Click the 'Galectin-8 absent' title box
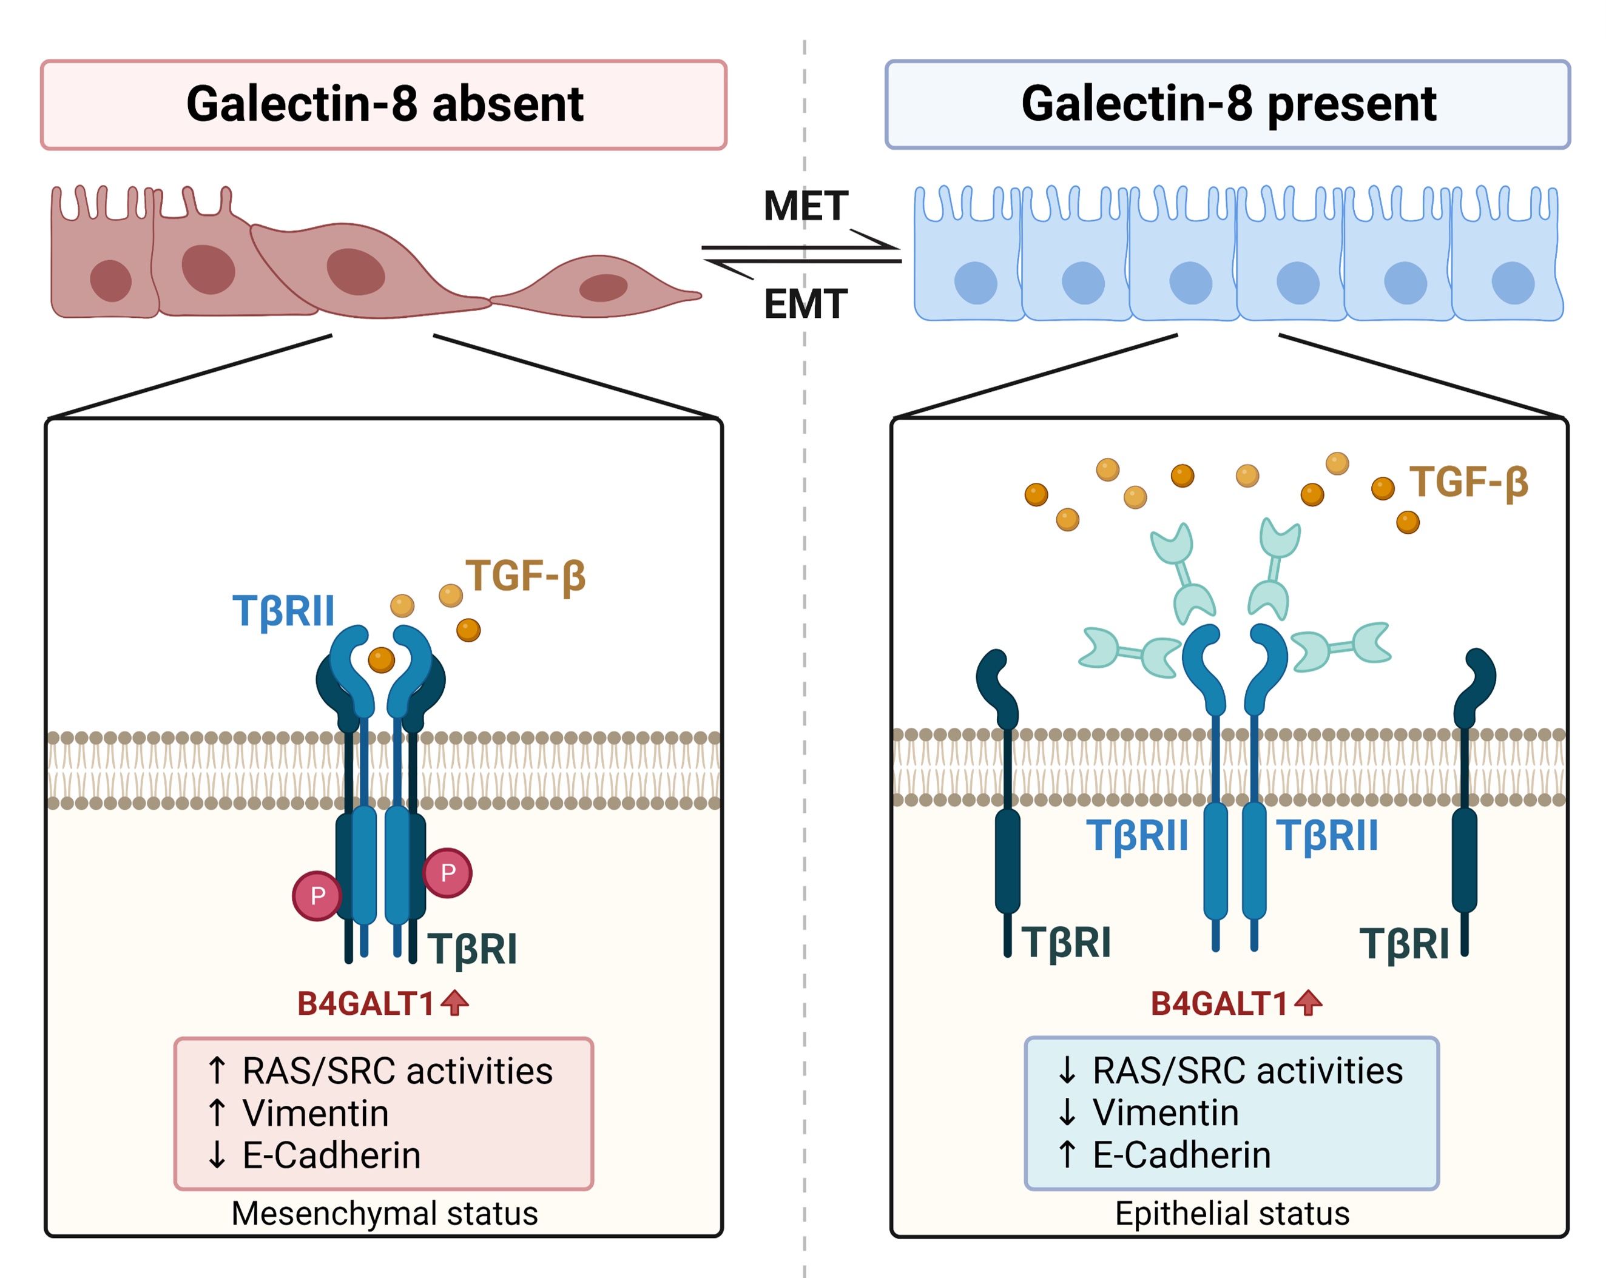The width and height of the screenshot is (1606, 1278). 383,104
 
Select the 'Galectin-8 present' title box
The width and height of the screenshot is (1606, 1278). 1227,104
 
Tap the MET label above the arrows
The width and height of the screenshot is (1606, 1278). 805,206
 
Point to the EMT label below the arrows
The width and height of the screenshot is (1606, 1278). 805,304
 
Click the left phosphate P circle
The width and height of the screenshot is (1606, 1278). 317,895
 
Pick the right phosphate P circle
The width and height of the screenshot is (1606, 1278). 448,872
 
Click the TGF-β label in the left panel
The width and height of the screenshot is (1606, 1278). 526,576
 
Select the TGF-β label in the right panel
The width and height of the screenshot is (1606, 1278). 1468,482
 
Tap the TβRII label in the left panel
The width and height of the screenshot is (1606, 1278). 284,611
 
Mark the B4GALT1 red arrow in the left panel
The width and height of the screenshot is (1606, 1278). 454,1003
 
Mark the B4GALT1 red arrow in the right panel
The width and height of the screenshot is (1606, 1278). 1308,1003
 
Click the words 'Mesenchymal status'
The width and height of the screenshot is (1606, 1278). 385,1213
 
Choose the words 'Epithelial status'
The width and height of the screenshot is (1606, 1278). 1232,1213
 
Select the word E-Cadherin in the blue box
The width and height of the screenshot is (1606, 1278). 1181,1155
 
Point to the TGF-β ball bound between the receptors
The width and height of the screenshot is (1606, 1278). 382,659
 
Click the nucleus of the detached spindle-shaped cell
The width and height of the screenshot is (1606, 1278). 602,288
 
